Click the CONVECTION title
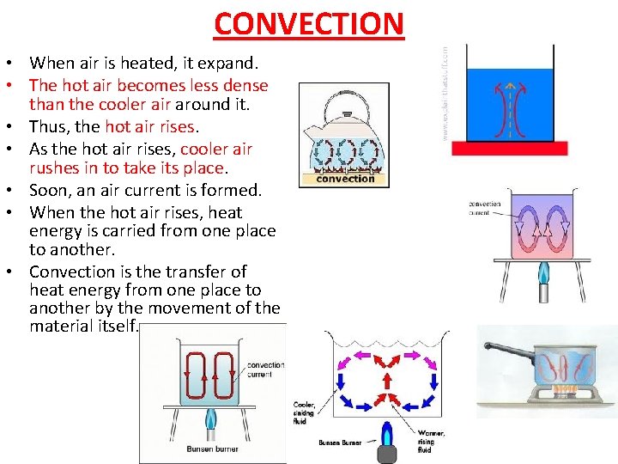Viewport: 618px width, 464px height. coord(308,23)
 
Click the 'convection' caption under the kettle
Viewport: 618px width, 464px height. coord(345,179)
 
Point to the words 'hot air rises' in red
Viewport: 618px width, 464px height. coord(151,127)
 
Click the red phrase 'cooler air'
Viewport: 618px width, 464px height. coord(216,149)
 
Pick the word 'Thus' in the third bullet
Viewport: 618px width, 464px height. coord(46,127)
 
